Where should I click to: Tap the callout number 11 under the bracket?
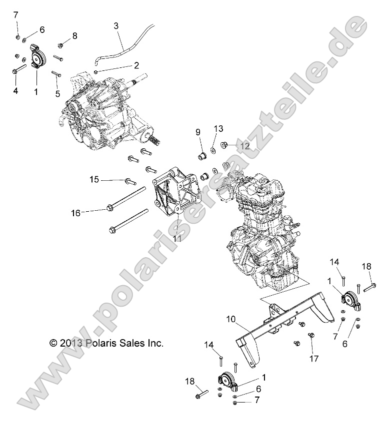[177, 239]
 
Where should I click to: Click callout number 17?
[313, 358]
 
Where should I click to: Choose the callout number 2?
[135, 65]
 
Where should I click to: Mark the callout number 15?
[94, 179]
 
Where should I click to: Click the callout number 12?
[244, 147]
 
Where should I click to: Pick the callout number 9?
[198, 132]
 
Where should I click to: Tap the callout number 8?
[74, 35]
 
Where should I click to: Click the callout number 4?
[15, 91]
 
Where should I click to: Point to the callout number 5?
[57, 93]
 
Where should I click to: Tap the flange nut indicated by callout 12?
[225, 146]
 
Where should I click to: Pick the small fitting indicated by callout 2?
[95, 72]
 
